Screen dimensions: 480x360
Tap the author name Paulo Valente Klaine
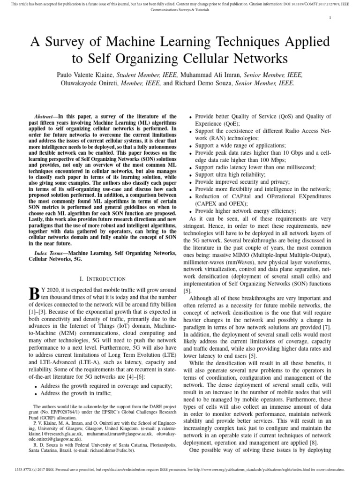pyautogui.click(x=84, y=75)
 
